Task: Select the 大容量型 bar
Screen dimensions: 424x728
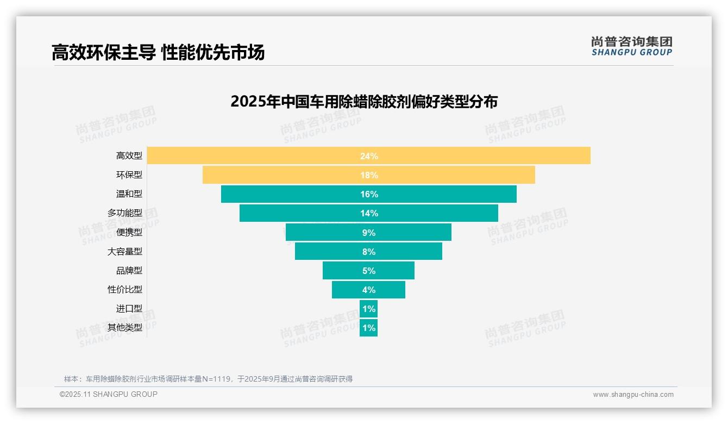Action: tap(326, 251)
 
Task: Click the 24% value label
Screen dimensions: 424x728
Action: tap(368, 156)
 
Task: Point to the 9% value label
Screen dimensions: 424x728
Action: tap(368, 233)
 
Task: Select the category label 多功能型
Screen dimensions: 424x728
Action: tap(124, 213)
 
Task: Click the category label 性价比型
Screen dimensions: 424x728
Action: tap(124, 290)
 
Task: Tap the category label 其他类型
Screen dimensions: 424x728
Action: tap(124, 328)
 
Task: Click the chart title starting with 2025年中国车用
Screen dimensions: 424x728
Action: tap(363, 102)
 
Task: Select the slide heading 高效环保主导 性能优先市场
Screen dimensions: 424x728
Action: tap(158, 53)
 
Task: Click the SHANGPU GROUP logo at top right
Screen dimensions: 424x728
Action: tap(631, 46)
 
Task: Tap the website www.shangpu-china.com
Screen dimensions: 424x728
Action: tap(633, 395)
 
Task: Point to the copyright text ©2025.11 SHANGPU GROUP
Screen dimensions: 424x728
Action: tap(109, 394)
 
